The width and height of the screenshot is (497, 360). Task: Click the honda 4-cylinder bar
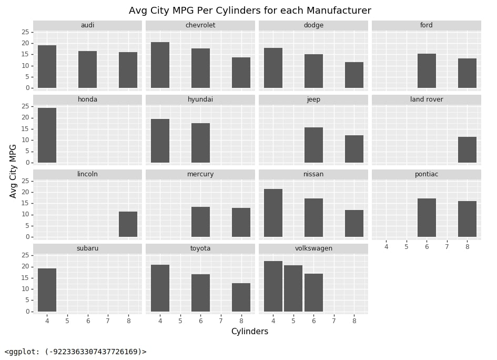coord(47,135)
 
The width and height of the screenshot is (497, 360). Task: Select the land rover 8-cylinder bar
coord(467,149)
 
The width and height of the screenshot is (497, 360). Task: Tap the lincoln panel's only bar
coord(128,224)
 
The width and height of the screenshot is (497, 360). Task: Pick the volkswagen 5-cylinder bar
coord(293,288)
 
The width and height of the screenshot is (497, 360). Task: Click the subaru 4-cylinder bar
coord(47,290)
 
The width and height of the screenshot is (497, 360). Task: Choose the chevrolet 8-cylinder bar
coord(241,73)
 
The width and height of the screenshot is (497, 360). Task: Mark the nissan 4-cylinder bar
coord(273,213)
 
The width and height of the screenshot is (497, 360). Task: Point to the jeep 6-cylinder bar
coord(314,145)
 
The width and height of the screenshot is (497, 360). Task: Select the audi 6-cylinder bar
coord(87,69)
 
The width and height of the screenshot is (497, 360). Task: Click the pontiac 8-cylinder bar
coord(467,219)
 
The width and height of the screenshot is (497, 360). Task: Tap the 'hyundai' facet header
coord(200,99)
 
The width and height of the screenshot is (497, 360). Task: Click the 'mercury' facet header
coord(200,174)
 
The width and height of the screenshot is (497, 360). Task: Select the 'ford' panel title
coord(427,25)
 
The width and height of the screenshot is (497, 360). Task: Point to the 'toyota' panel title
coord(200,248)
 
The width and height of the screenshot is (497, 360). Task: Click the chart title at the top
coord(250,11)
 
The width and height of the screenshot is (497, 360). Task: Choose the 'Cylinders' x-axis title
coord(250,332)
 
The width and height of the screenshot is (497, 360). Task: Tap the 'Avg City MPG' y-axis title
coord(13,171)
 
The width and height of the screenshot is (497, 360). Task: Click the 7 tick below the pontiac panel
coord(447,246)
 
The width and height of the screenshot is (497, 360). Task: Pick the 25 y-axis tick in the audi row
coord(25,32)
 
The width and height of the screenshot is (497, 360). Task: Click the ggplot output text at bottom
coord(75,352)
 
